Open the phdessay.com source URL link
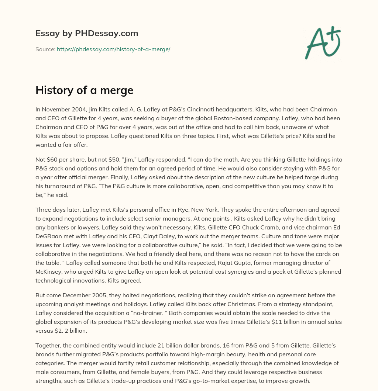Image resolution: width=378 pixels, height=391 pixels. point(113,49)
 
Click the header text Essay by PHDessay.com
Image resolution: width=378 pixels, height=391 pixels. point(87,34)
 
